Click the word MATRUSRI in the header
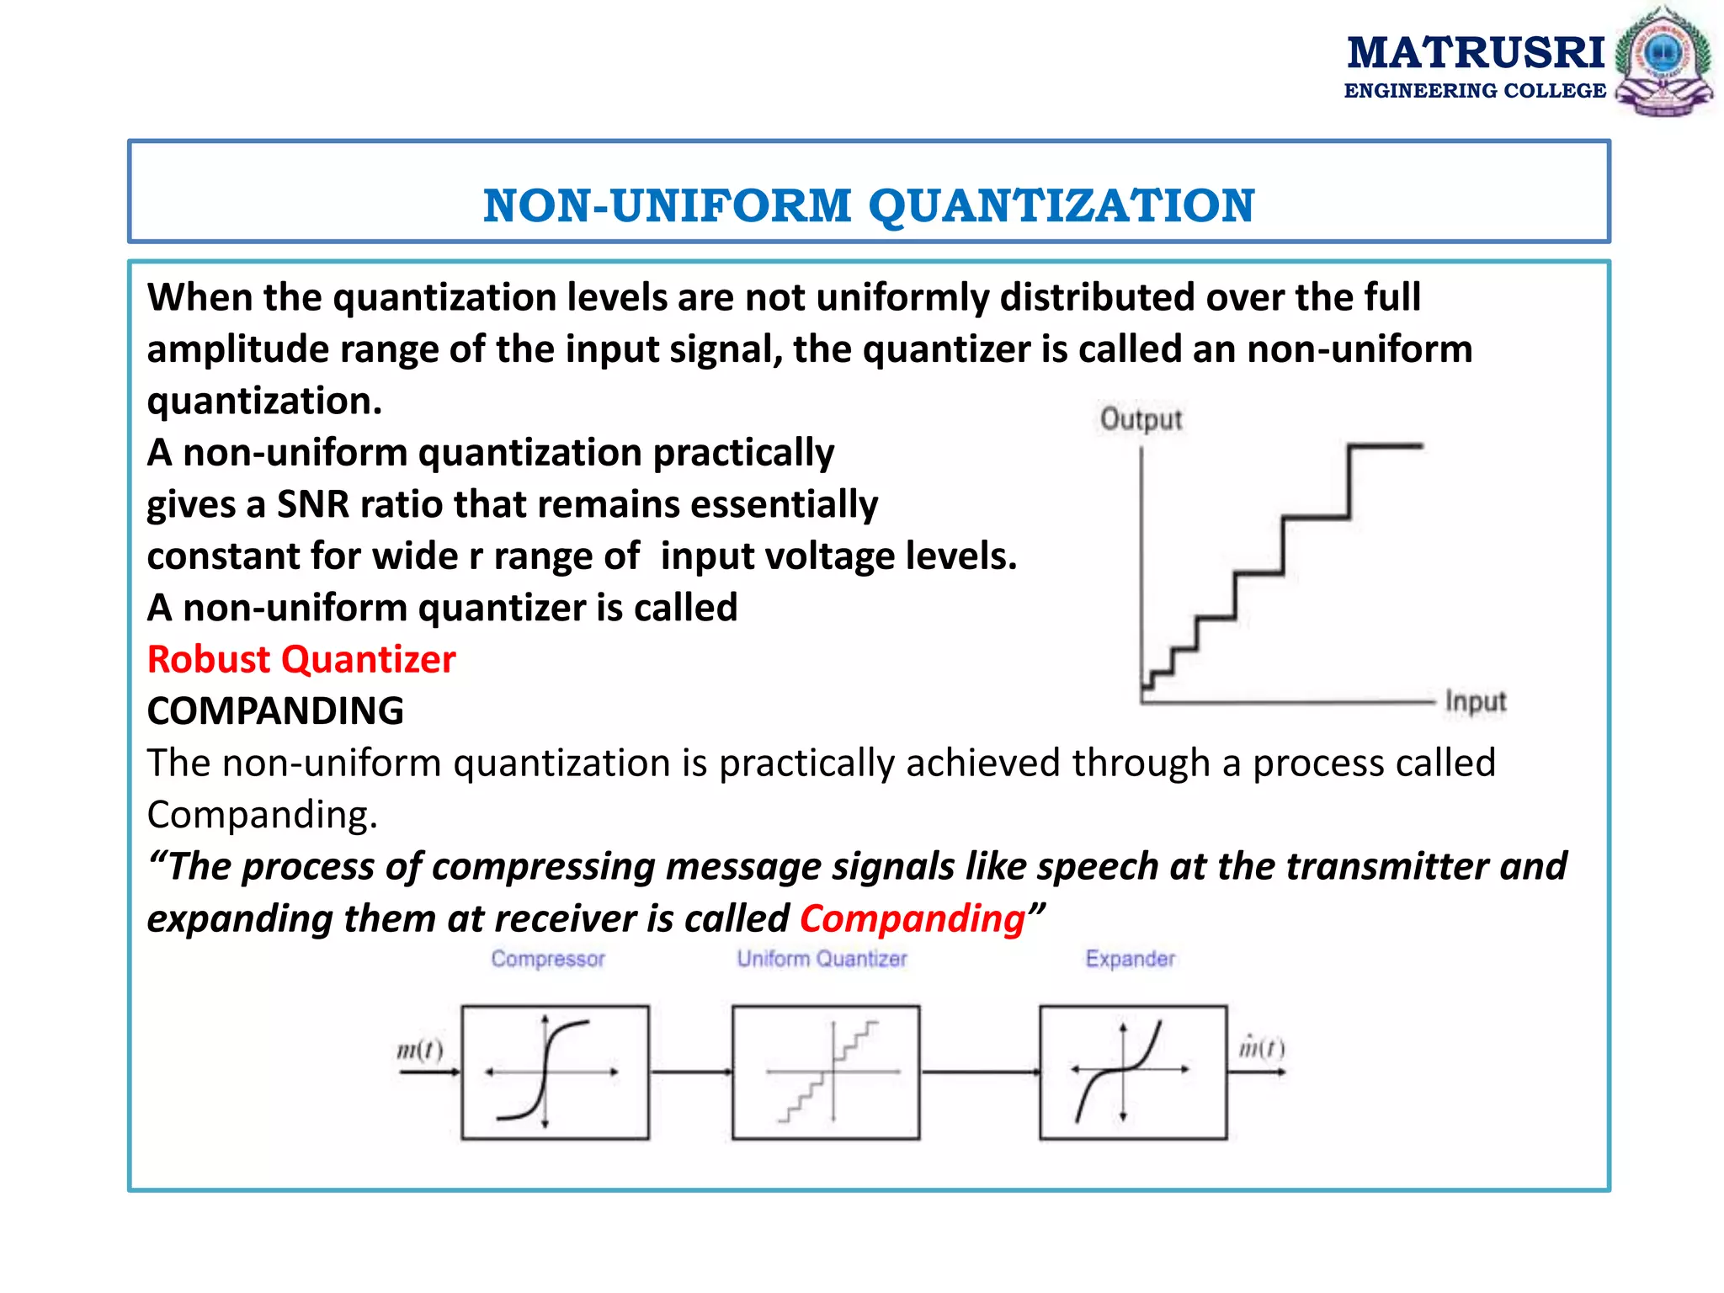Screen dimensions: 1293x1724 [1476, 52]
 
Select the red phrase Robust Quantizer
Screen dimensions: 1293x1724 [301, 659]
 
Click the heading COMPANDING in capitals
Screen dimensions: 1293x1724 [275, 711]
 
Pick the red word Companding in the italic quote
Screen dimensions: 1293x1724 [913, 918]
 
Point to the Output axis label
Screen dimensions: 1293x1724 [1141, 419]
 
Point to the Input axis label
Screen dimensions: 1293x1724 [1475, 701]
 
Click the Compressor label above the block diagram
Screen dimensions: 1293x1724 [548, 959]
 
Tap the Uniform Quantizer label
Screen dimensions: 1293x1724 [822, 959]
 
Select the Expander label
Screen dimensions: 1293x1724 [1130, 959]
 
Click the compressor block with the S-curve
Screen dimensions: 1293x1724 [555, 1072]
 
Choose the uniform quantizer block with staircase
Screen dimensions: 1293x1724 [826, 1072]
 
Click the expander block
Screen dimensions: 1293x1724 [1133, 1072]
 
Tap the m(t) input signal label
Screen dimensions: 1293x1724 [419, 1050]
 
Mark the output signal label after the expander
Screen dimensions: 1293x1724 [1261, 1048]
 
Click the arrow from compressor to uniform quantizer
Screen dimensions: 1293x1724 [690, 1072]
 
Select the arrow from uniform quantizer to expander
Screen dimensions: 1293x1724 [980, 1072]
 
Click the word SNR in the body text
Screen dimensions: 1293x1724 [313, 505]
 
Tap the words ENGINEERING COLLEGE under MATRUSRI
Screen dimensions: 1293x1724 [1475, 91]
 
